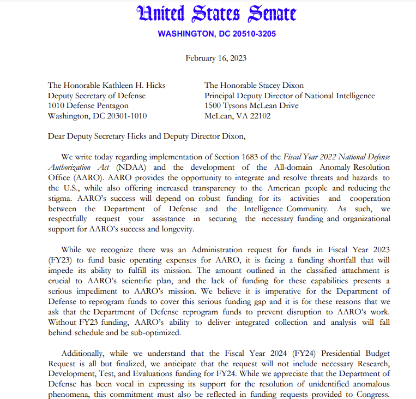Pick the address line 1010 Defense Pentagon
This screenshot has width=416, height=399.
pos(88,105)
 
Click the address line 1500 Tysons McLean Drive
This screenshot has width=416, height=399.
pos(251,105)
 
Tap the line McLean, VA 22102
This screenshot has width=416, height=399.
pos(237,116)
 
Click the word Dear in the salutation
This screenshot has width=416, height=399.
pos(57,136)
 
